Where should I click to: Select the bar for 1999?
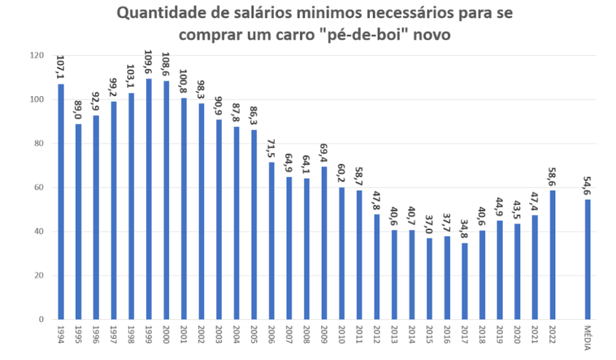[x=149, y=199]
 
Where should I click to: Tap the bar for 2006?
[x=271, y=241]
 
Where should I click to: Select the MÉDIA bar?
[x=587, y=259]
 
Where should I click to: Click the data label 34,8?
[x=464, y=229]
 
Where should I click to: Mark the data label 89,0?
[x=78, y=111]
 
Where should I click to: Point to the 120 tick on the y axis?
[x=37, y=55]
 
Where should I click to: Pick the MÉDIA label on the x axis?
[x=588, y=336]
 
